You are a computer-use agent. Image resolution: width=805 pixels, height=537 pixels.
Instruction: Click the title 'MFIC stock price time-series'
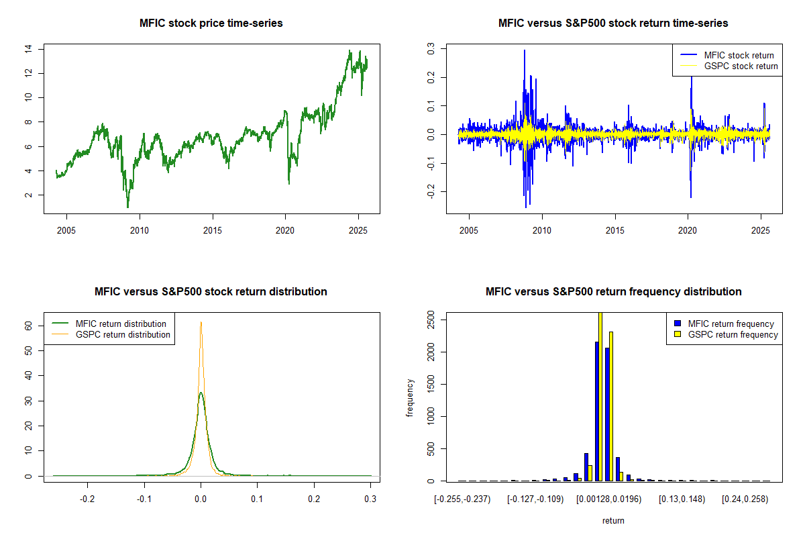click(211, 23)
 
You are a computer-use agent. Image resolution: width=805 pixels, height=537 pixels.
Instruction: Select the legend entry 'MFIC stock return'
click(739, 55)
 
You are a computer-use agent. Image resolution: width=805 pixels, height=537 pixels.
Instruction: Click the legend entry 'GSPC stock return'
click(741, 66)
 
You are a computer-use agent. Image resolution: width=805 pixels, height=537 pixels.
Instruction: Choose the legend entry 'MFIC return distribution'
click(121, 324)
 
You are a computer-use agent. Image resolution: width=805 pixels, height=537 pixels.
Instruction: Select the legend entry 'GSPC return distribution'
click(122, 334)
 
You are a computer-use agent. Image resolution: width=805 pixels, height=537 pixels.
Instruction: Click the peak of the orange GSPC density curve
click(201, 322)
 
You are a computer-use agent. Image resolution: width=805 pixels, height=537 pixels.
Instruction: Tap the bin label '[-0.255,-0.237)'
click(462, 499)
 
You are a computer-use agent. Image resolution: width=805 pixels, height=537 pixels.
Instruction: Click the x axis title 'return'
click(613, 520)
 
